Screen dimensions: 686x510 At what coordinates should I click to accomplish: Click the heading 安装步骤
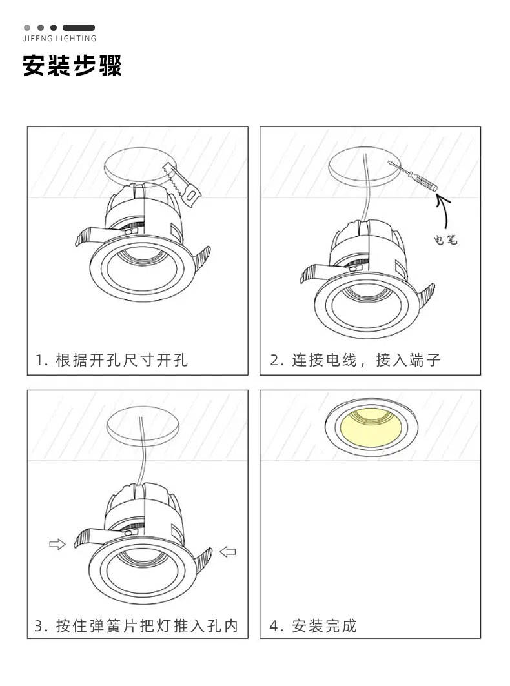click(x=72, y=66)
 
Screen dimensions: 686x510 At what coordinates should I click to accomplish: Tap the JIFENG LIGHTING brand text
click(x=59, y=39)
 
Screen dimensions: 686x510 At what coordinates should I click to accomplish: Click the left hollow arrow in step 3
click(x=57, y=545)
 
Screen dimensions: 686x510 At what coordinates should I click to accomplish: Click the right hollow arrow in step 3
click(x=228, y=551)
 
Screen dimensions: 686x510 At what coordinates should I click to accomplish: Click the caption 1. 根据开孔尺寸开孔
click(x=112, y=360)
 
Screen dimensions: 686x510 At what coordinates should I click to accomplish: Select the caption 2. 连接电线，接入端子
click(x=355, y=360)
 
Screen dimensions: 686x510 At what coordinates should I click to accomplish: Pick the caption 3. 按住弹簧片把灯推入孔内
click(x=136, y=625)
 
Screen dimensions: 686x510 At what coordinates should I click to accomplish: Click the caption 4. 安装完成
click(x=313, y=625)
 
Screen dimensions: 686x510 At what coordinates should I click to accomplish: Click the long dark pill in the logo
click(x=79, y=28)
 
